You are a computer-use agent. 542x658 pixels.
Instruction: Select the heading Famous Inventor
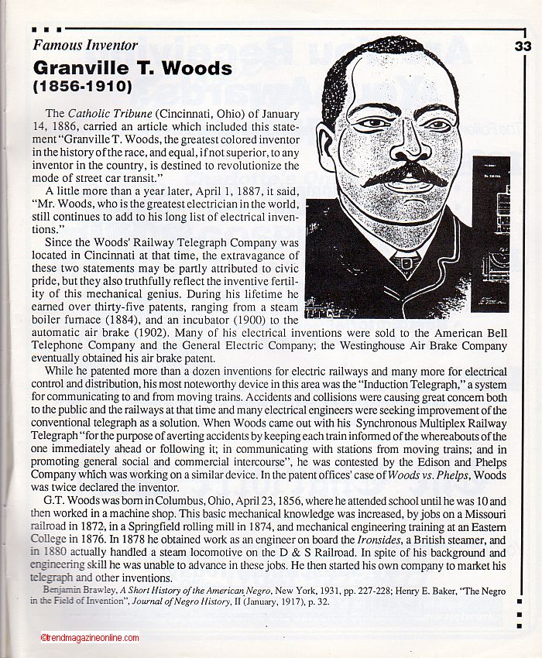(85, 45)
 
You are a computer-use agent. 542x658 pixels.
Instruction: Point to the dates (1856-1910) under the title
(83, 84)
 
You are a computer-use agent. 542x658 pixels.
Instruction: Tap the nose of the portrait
(403, 147)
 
